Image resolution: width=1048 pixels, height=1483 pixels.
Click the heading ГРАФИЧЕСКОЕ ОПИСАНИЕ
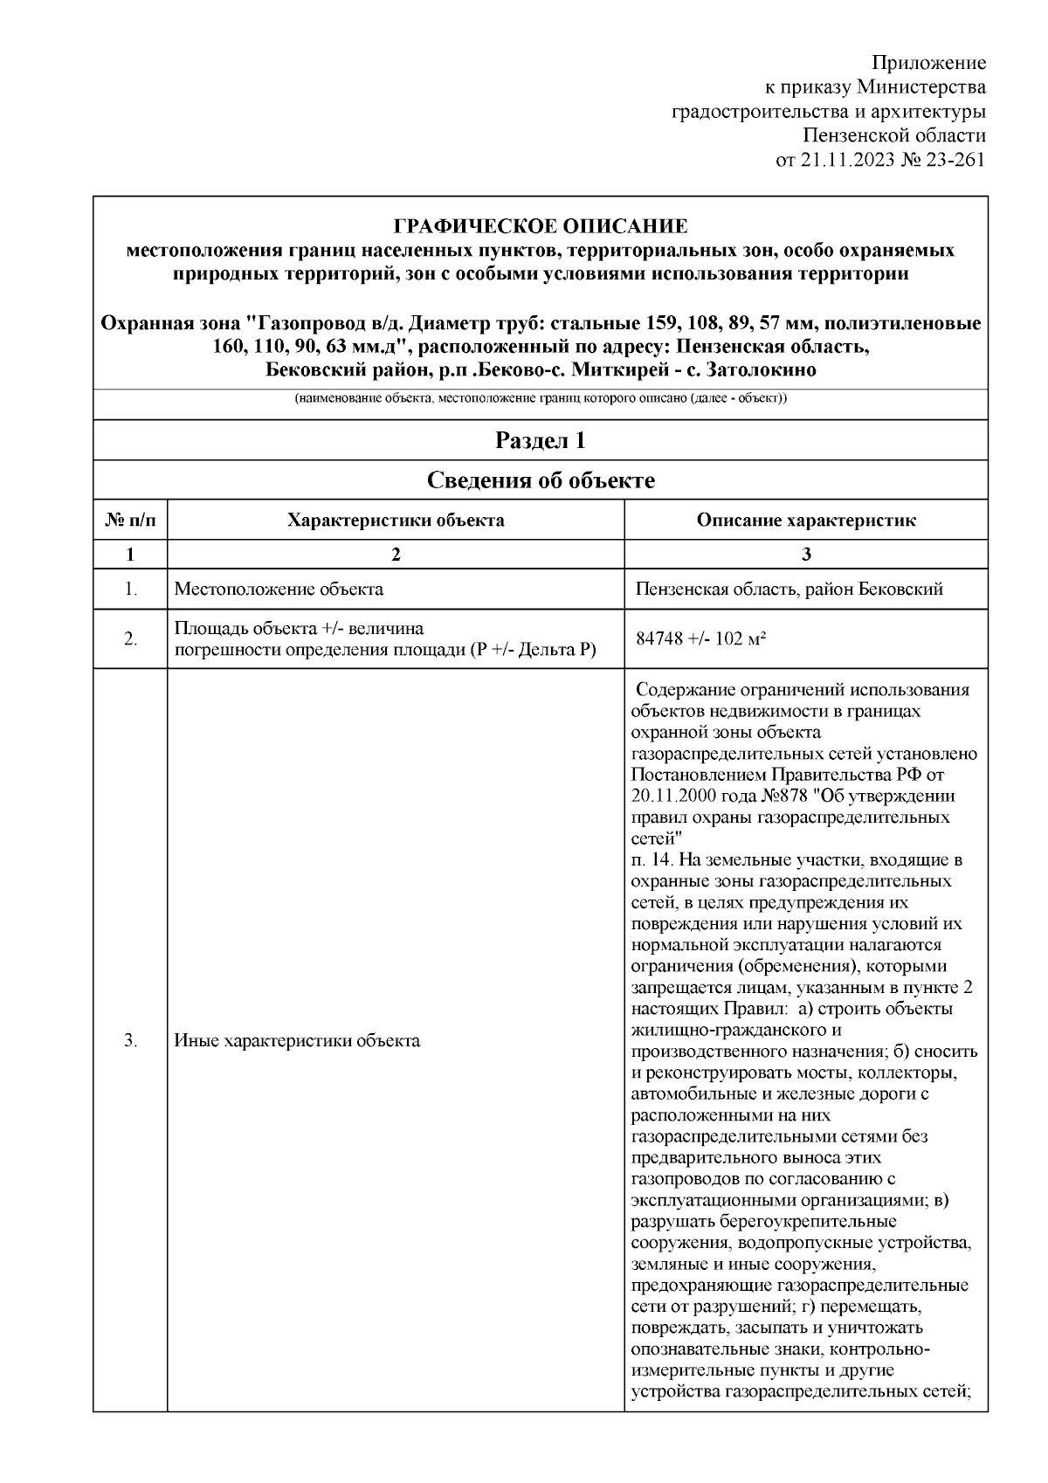(541, 227)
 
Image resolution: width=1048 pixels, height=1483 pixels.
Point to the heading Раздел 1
(541, 440)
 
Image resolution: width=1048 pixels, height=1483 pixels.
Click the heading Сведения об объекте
(541, 480)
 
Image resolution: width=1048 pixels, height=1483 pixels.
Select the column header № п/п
(130, 521)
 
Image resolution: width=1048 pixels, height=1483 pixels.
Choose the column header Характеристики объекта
(396, 521)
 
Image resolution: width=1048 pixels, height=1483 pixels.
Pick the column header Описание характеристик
(806, 521)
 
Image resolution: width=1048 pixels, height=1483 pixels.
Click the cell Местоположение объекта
(279, 589)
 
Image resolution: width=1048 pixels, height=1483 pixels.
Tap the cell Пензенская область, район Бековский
(789, 589)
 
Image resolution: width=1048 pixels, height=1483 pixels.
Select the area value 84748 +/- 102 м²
(701, 638)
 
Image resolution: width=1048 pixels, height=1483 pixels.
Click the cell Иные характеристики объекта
(297, 1040)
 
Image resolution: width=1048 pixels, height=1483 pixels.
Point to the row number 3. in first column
(130, 1040)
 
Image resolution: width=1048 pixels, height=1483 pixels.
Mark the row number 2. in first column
(130, 638)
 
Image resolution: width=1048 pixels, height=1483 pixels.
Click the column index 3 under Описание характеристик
(806, 555)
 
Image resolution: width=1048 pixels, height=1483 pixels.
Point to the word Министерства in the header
(921, 87)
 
